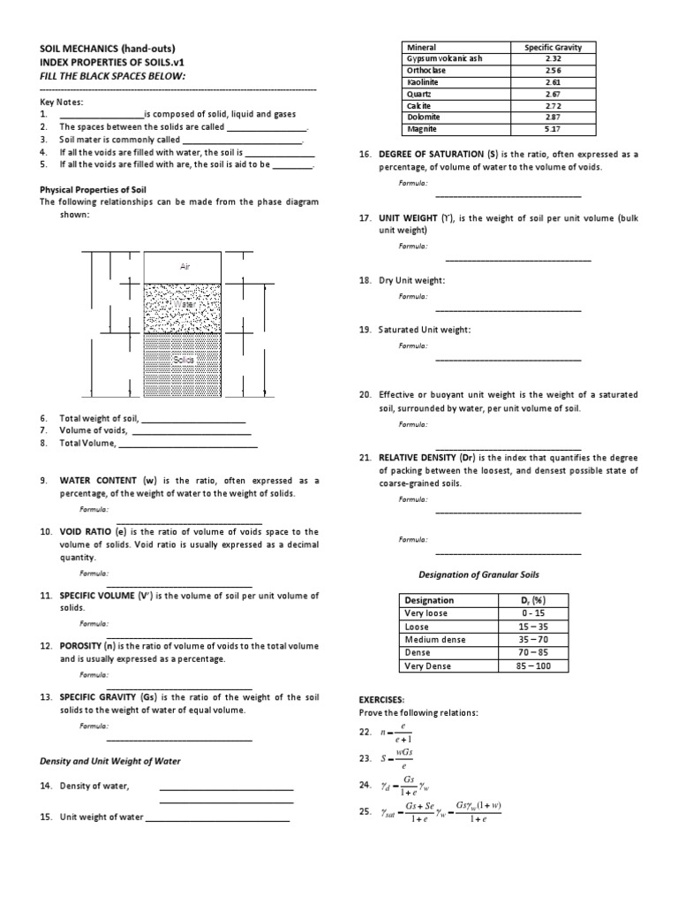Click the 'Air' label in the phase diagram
[185, 266]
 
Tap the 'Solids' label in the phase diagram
[184, 360]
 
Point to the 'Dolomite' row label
[422, 117]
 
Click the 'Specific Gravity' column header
[547, 47]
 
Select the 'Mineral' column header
[420, 47]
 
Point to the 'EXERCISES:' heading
[381, 698]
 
